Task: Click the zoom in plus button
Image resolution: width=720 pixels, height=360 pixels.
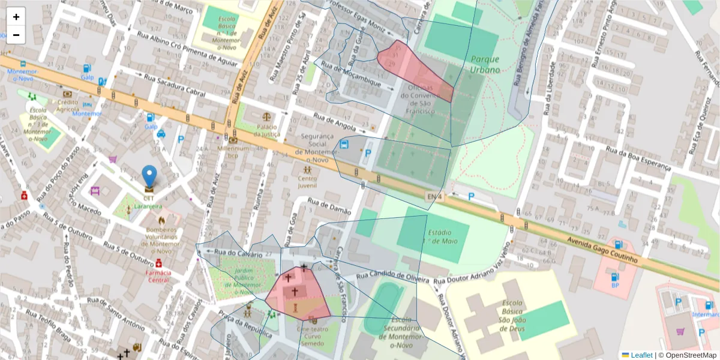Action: tap(16, 17)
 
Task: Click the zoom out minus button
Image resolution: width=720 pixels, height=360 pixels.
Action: tap(16, 35)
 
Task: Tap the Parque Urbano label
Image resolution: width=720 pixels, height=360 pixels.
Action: tap(485, 64)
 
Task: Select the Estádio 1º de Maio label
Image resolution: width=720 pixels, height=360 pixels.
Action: tap(442, 237)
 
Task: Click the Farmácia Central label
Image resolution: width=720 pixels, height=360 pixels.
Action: tap(158, 276)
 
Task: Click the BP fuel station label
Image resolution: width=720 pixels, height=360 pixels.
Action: tap(615, 286)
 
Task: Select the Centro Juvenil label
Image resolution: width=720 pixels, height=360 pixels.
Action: tap(307, 182)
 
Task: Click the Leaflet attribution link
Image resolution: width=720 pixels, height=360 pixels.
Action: tap(641, 355)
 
